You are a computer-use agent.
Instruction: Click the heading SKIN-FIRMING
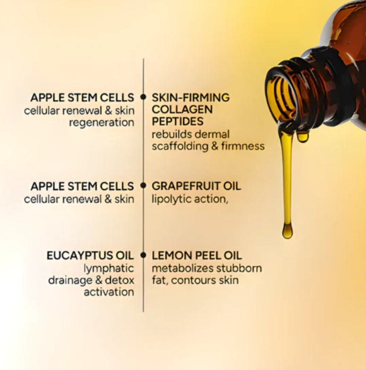point(190,97)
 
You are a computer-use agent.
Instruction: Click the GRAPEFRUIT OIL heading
point(196,186)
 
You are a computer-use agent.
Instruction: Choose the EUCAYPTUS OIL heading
point(90,255)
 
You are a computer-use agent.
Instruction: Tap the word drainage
point(69,280)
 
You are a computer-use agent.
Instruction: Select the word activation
point(108,292)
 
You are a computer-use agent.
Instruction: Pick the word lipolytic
point(169,199)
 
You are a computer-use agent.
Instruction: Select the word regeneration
point(101,122)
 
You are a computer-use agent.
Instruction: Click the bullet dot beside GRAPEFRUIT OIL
point(143,186)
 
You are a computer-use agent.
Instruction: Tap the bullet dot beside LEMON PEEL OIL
point(143,255)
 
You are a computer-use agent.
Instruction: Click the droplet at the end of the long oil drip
point(287,230)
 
